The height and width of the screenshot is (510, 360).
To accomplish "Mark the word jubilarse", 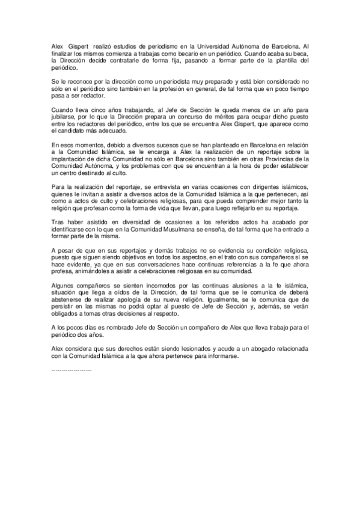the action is click(x=66, y=117).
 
